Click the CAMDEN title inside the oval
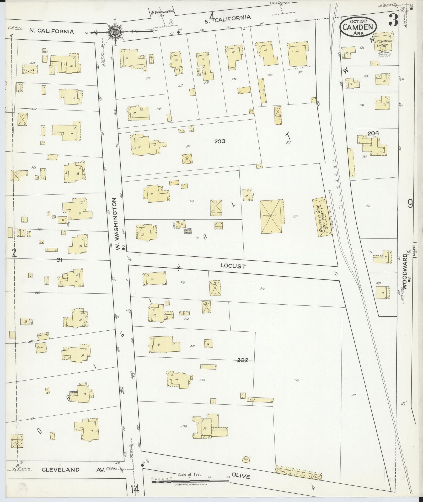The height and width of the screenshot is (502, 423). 358,27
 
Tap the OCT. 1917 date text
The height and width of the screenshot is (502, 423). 358,20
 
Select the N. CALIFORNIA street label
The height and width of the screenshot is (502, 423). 51,31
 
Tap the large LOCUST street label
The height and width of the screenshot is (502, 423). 233,266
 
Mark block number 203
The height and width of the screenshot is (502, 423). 220,141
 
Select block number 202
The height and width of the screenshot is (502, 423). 243,360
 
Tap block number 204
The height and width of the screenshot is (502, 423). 373,133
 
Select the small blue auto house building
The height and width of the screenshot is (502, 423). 188,231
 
